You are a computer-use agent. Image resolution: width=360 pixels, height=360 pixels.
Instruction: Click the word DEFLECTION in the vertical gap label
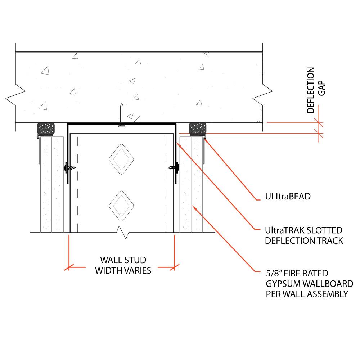[311, 90]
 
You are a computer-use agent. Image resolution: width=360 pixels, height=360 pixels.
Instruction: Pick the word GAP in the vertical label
[321, 87]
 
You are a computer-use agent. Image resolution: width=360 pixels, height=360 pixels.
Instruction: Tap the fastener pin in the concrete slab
[122, 115]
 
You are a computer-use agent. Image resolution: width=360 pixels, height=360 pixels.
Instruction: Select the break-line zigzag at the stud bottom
[122, 234]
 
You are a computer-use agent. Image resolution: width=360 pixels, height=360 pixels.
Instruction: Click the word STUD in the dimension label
[135, 260]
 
